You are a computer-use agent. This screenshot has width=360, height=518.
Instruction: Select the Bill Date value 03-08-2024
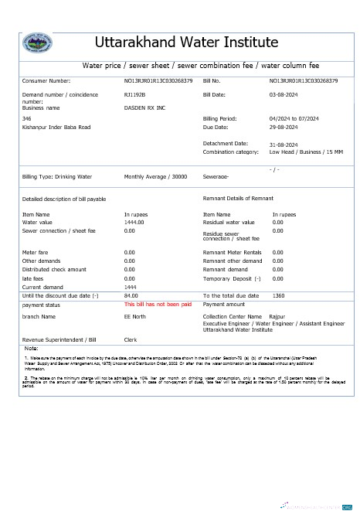click(x=283, y=94)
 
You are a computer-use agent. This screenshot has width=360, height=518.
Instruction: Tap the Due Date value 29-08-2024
click(x=283, y=127)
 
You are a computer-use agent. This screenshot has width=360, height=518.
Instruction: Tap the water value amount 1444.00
click(x=134, y=222)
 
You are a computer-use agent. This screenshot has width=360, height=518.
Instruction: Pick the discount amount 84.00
click(x=131, y=295)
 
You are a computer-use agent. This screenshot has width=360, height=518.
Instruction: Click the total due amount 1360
click(x=279, y=295)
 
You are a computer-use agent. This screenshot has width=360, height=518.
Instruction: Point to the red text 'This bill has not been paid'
click(x=158, y=305)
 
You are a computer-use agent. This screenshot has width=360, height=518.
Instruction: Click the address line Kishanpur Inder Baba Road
click(x=56, y=127)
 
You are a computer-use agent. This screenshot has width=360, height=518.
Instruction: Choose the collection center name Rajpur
click(x=276, y=317)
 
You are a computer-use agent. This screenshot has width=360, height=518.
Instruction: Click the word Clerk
click(x=131, y=339)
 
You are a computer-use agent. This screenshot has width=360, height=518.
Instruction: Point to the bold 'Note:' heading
click(x=32, y=349)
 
